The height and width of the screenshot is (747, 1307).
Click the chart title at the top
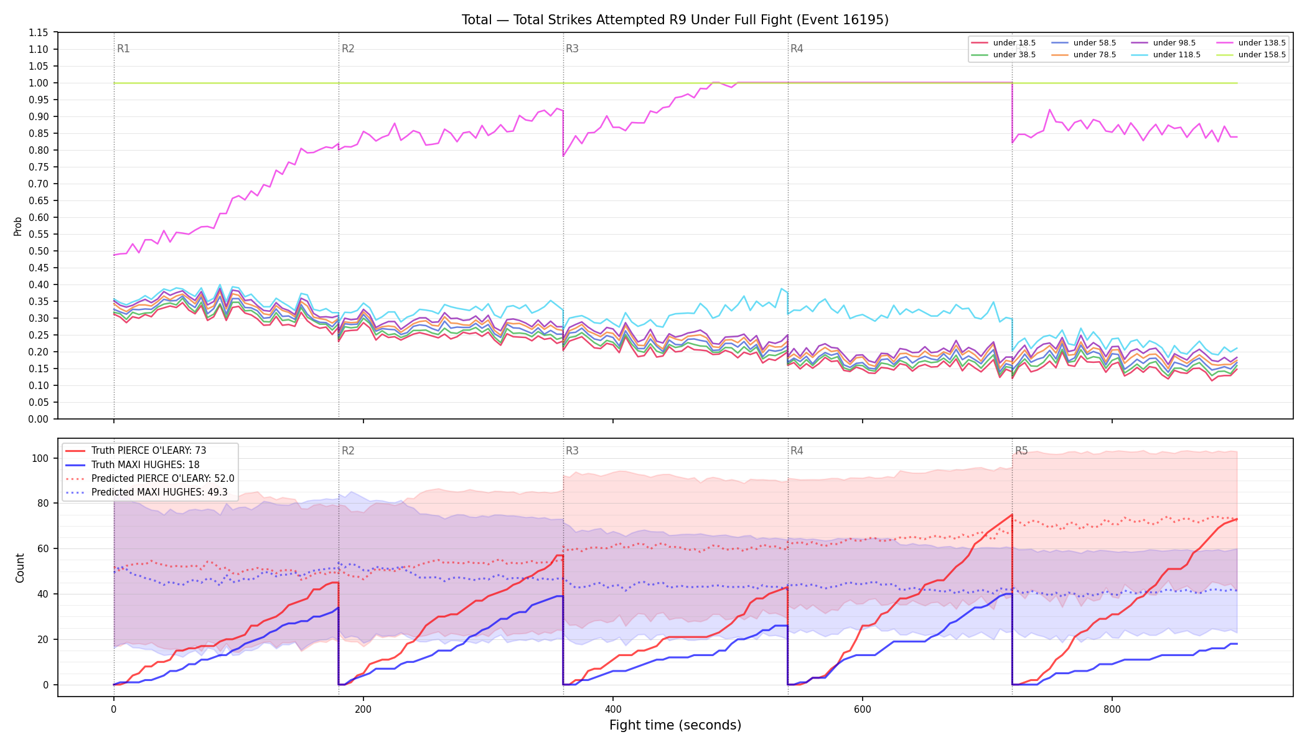(x=675, y=20)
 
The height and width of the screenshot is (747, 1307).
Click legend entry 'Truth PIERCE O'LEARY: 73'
(x=149, y=451)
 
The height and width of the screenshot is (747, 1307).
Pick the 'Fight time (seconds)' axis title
(x=675, y=726)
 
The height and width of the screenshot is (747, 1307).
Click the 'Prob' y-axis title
(x=18, y=226)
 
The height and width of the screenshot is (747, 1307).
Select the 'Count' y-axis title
(x=20, y=568)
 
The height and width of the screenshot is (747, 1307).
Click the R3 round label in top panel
(x=572, y=49)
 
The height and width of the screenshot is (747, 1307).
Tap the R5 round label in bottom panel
(x=1021, y=451)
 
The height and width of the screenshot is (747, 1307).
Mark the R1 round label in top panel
(x=123, y=49)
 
